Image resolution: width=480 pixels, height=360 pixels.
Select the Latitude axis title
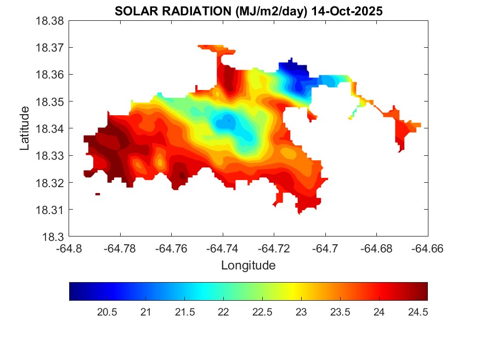25,129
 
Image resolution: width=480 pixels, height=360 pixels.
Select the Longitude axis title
248,266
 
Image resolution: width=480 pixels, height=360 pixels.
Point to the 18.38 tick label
50,21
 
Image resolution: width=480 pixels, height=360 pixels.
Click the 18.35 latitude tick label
50,102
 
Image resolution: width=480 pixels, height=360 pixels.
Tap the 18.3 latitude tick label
54,237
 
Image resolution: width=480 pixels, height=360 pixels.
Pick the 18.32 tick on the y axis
50,183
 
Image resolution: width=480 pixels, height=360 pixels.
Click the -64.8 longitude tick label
70,248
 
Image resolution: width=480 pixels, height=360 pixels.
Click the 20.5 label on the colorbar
106,312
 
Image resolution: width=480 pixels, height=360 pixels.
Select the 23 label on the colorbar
301,312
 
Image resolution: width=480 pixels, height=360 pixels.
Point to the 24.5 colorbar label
417,312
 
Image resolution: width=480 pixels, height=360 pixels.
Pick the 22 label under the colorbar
223,312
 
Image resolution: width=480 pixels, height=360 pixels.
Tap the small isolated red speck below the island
98,194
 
